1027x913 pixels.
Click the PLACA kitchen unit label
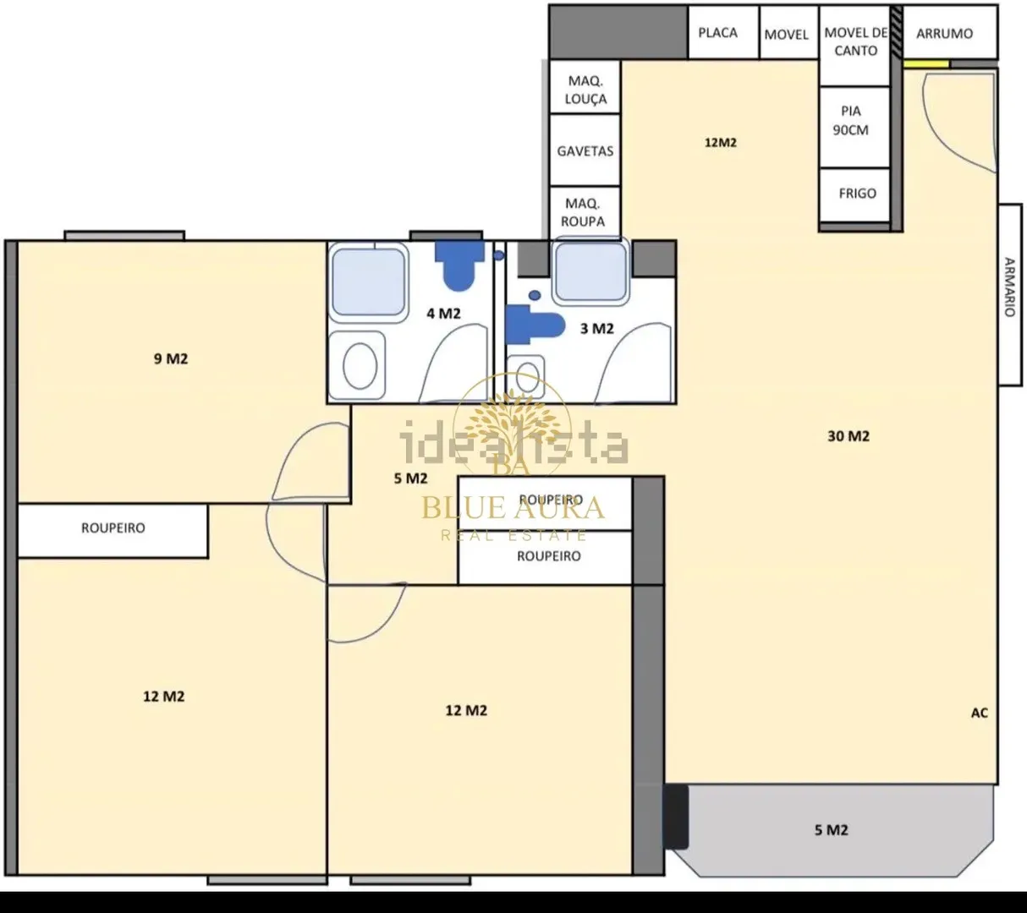(x=717, y=33)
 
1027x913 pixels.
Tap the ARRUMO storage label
(x=944, y=34)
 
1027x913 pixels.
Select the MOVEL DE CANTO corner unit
(x=855, y=46)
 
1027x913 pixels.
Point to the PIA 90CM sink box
(x=854, y=127)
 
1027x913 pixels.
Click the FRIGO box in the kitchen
(x=854, y=195)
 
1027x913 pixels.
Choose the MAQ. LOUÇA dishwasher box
(x=585, y=86)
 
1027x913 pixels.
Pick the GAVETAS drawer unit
(x=585, y=150)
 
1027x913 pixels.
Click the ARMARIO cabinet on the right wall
(x=1010, y=295)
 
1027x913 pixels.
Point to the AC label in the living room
(x=980, y=713)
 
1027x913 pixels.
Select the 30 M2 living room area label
(x=848, y=435)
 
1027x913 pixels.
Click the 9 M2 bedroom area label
(x=171, y=358)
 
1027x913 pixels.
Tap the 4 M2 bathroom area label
(x=443, y=314)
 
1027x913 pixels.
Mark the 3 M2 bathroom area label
(x=596, y=329)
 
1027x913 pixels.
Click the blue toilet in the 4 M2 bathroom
(x=459, y=265)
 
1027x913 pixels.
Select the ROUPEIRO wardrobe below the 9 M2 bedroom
(x=113, y=531)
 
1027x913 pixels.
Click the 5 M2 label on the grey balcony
(x=831, y=830)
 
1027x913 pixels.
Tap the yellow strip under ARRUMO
(x=926, y=64)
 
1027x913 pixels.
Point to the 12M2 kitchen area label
(x=720, y=143)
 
